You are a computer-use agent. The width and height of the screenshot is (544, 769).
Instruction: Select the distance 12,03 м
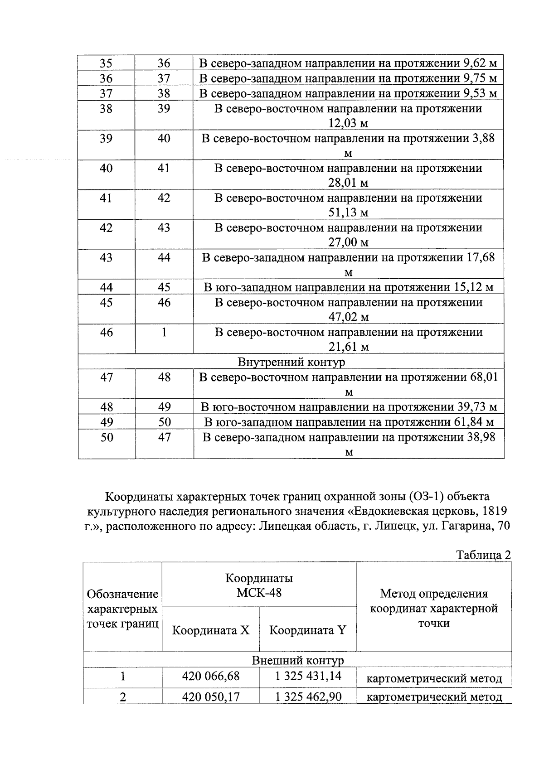tap(348, 123)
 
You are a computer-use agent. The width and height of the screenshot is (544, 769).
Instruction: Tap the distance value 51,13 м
tap(348, 213)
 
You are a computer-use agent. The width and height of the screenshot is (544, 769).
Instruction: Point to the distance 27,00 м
tap(348, 242)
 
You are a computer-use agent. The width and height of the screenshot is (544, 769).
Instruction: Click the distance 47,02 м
tap(348, 317)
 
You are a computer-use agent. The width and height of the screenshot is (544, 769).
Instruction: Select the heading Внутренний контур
tap(291, 362)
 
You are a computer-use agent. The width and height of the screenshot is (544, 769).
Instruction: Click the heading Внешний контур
tap(297, 660)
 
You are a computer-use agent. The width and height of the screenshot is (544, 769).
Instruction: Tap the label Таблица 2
tap(483, 555)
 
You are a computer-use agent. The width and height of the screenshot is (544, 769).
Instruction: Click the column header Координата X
tap(211, 630)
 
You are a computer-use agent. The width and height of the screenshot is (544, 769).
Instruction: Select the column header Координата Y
tap(307, 630)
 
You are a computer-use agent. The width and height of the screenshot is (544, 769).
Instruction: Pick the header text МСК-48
tap(259, 593)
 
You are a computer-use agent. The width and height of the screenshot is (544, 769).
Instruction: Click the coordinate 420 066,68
tap(211, 677)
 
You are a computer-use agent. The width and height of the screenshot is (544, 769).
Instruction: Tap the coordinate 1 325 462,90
tap(308, 696)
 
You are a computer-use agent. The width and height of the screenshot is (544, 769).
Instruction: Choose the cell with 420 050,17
tap(211, 696)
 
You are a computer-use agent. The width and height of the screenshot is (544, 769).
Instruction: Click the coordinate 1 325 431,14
tap(308, 677)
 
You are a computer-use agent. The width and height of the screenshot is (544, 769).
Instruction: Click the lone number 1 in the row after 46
tap(164, 332)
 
